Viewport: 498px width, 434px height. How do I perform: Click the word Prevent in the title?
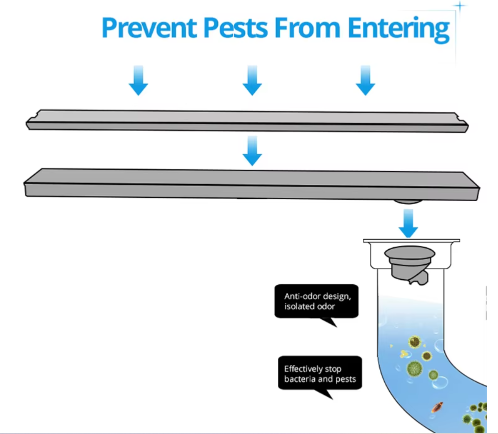[149, 28]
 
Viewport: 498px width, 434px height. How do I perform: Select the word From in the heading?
[307, 28]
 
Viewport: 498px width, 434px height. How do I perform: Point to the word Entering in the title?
[398, 30]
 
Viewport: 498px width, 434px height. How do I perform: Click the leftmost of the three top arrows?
[138, 81]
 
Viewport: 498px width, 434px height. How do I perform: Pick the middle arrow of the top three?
[252, 81]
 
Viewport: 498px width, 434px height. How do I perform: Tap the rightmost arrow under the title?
[365, 81]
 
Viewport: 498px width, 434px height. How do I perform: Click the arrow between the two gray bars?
[252, 151]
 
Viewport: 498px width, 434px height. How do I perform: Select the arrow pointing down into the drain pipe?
[408, 223]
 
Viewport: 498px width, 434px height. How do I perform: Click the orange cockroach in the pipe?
[437, 407]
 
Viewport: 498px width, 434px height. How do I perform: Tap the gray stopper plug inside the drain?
[410, 264]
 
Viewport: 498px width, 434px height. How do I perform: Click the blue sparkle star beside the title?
[459, 6]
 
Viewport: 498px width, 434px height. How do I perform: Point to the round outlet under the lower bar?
[408, 201]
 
